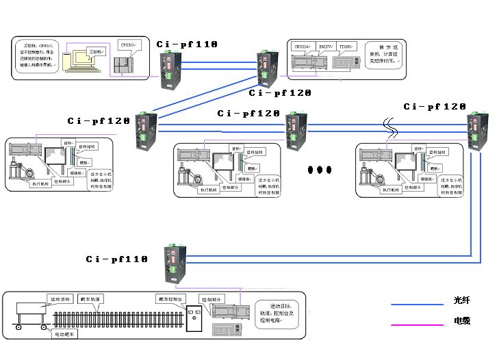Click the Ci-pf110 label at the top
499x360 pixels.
(x=186, y=44)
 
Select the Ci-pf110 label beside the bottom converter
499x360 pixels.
(x=116, y=259)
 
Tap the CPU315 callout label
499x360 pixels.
(x=127, y=44)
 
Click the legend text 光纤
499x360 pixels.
(x=462, y=300)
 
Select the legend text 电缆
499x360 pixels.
(x=462, y=320)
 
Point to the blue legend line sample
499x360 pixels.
(x=417, y=304)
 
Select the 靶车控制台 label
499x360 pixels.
(x=170, y=299)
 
